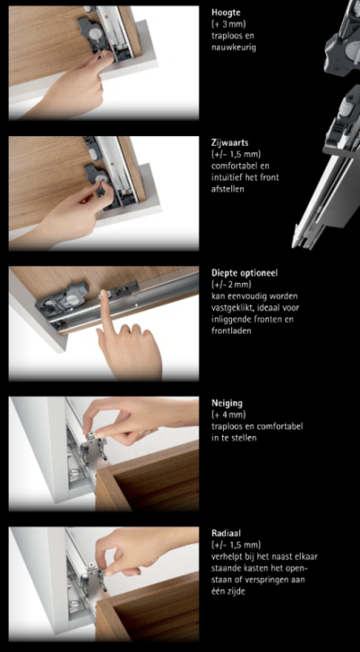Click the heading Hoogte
(x=226, y=13)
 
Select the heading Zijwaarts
(x=229, y=142)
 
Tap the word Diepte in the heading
(x=224, y=273)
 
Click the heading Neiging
(x=227, y=403)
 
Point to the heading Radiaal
(x=226, y=533)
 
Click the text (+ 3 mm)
(x=229, y=24)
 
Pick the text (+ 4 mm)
(x=229, y=414)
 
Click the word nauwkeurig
(x=233, y=48)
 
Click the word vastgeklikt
(x=230, y=308)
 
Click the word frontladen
(x=231, y=331)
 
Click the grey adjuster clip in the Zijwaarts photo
(x=97, y=179)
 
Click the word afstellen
(x=227, y=189)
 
